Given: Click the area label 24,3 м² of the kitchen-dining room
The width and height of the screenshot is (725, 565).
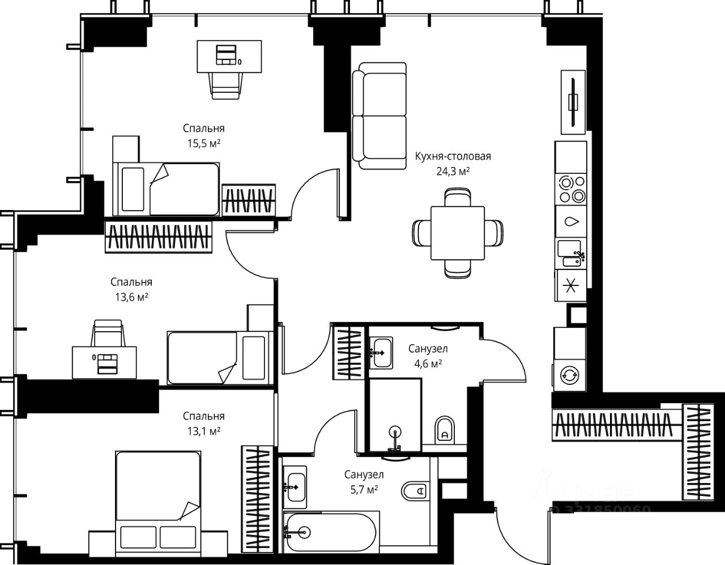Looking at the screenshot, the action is click(x=453, y=172).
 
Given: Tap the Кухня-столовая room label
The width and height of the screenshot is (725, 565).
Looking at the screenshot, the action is click(x=453, y=156).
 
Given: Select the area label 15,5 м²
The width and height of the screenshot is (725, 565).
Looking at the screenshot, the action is click(x=203, y=143).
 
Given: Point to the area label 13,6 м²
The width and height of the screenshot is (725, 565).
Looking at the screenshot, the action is click(x=131, y=297).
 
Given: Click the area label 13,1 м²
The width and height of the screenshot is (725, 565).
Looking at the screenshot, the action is click(x=203, y=431).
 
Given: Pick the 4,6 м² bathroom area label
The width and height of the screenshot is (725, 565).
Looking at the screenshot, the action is click(x=428, y=363).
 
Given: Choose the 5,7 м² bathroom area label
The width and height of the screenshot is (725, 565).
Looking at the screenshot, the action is click(x=364, y=490).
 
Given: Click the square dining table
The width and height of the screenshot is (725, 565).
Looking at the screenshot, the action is click(x=458, y=233).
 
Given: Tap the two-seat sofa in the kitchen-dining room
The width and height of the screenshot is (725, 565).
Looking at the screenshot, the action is click(x=379, y=115).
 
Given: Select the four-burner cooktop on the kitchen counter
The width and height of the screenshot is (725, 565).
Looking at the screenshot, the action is click(x=571, y=189).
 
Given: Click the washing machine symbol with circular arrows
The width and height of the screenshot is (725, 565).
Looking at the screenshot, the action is click(x=570, y=375).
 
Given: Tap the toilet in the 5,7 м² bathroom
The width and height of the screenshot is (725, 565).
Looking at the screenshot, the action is click(x=414, y=491).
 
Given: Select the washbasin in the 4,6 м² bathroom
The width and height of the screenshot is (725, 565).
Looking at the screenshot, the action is click(x=381, y=352).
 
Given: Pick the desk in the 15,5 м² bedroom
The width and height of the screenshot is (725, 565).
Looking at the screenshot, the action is click(x=229, y=57).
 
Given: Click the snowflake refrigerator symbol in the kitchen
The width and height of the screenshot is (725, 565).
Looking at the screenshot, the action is click(x=571, y=286).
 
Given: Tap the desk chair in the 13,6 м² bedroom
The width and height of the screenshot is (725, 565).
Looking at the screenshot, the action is click(x=108, y=333).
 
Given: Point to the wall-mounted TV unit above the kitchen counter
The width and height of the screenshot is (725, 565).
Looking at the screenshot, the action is click(x=573, y=102).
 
